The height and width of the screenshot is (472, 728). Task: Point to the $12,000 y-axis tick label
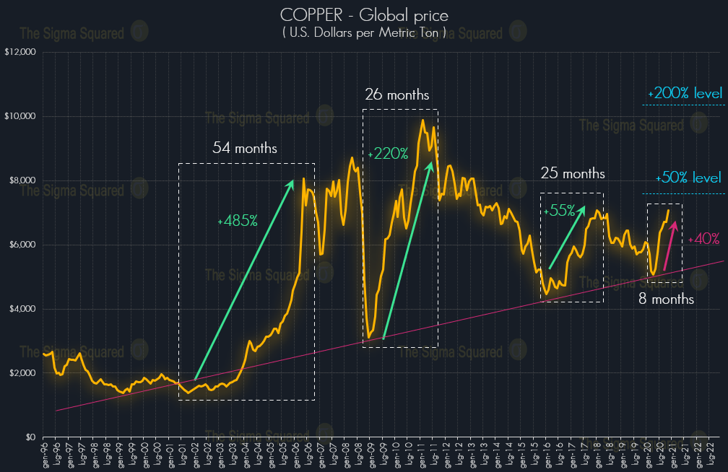20,52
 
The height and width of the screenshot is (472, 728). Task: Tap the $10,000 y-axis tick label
20,116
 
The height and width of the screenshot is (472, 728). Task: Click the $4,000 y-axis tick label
22,309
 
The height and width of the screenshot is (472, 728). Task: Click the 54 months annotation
245,149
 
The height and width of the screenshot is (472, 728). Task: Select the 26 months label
396,95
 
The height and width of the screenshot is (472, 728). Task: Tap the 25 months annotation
573,174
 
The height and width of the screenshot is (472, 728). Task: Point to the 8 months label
666,299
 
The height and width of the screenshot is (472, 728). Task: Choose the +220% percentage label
388,154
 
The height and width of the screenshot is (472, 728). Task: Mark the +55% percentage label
561,211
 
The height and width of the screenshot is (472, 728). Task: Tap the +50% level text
688,178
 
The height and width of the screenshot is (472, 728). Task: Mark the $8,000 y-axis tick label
22,180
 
